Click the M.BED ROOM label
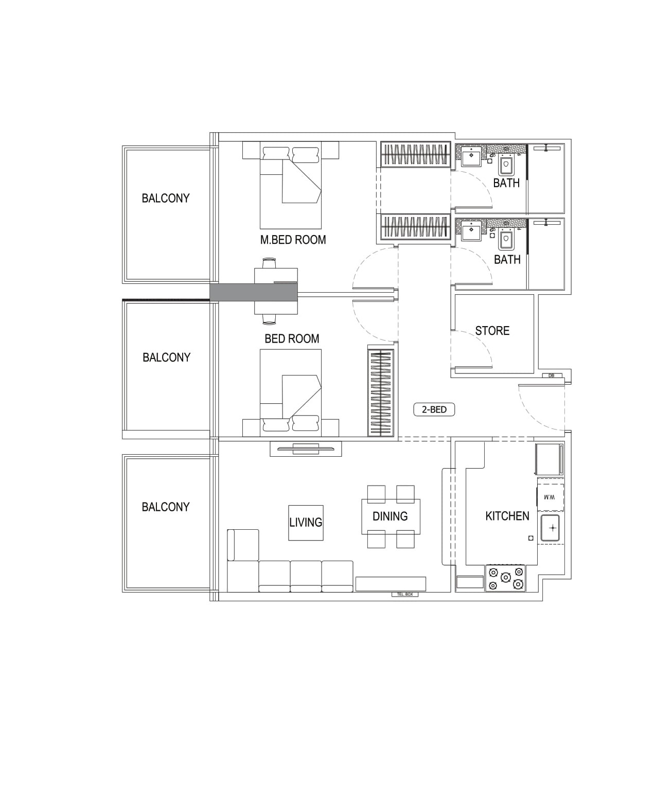[x=293, y=240]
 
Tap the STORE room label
[x=492, y=331]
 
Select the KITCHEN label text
[x=507, y=516]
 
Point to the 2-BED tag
[x=434, y=409]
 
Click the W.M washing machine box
[x=550, y=497]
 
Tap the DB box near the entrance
[x=551, y=375]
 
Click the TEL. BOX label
[x=405, y=594]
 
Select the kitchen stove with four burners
[x=505, y=578]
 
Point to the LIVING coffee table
[x=306, y=523]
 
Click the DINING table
[x=391, y=516]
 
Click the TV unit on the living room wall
[x=306, y=449]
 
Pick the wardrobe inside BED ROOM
[x=381, y=392]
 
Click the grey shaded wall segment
[x=254, y=293]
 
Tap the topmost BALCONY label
[x=165, y=198]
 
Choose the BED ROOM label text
[x=292, y=339]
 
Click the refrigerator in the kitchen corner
[x=549, y=459]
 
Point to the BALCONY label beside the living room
[x=165, y=507]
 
